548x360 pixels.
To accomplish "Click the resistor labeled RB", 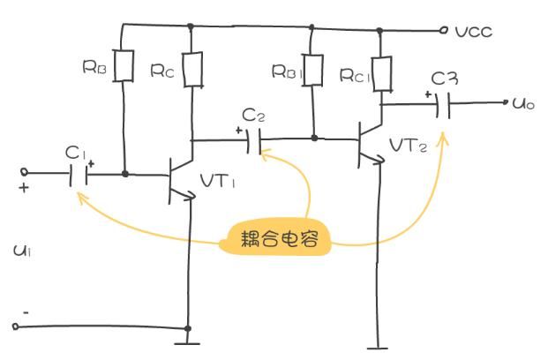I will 125,64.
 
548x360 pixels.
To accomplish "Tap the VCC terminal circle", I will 444,30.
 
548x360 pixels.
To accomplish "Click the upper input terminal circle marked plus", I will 26,173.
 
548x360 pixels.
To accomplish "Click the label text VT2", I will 408,146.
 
